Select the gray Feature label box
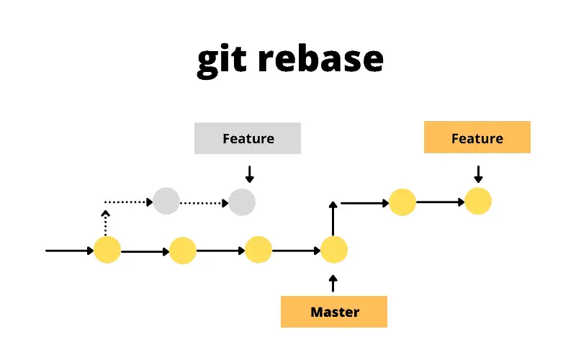[248, 138]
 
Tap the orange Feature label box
[477, 138]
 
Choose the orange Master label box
[334, 312]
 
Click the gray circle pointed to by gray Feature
[242, 202]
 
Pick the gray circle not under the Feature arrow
[166, 201]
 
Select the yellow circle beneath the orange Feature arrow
[478, 201]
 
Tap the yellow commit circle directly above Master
[334, 250]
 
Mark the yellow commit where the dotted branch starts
[107, 250]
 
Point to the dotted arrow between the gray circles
[204, 202]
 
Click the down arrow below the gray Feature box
[249, 174]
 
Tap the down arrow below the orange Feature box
[477, 174]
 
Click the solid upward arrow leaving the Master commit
[333, 218]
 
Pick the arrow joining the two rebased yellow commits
[440, 202]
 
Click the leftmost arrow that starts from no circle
[69, 251]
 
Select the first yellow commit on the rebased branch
[402, 202]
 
